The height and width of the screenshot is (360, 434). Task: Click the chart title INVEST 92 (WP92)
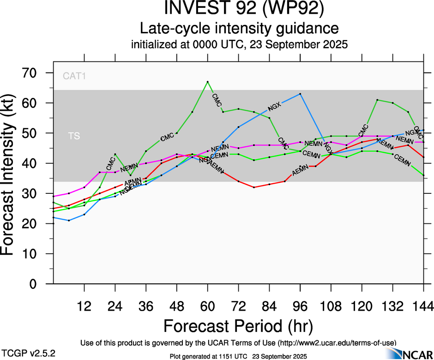[239, 9]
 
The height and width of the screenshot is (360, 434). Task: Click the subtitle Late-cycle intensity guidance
[239, 29]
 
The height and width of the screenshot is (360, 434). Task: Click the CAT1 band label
[74, 76]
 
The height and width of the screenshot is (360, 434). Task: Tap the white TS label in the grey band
[74, 137]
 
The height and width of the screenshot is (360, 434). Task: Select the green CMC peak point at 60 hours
[208, 82]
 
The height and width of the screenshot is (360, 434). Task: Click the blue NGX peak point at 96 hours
[301, 94]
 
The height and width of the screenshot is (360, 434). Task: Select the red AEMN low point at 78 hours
[254, 187]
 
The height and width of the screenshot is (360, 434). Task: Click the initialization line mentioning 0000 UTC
[239, 45]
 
